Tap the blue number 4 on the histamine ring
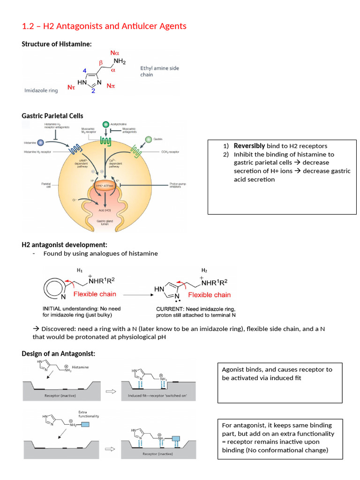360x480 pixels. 84,70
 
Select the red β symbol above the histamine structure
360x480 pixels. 100,62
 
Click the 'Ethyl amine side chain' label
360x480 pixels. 159,71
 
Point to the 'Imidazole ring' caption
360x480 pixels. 41,90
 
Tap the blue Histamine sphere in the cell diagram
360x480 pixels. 41,142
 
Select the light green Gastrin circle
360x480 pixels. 149,139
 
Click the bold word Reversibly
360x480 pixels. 249,146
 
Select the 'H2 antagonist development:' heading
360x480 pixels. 65,245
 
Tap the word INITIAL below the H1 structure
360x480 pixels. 52,309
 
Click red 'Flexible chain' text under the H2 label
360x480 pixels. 209,295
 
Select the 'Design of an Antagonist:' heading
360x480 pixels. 59,353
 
